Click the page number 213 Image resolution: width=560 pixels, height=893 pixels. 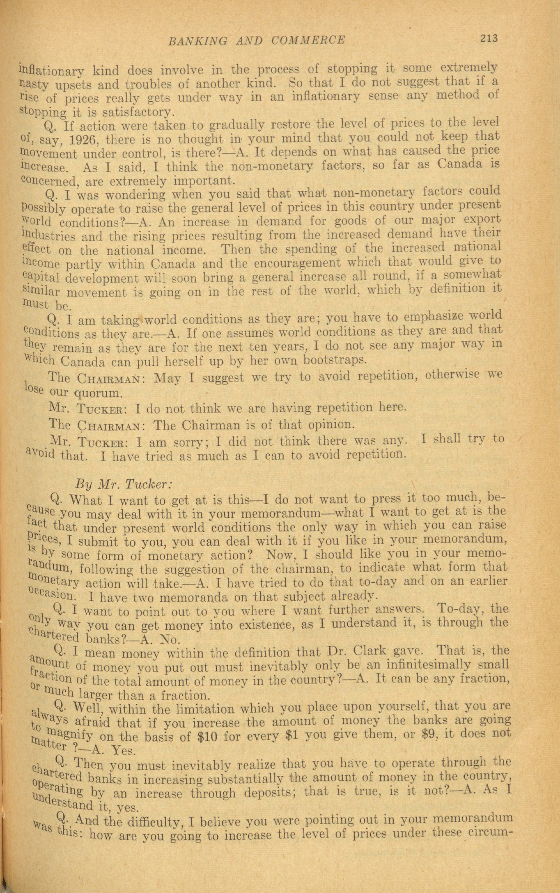489,38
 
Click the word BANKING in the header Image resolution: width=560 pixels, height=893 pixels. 198,40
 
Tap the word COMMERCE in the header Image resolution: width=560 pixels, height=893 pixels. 308,40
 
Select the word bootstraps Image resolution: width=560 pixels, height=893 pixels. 335,359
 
